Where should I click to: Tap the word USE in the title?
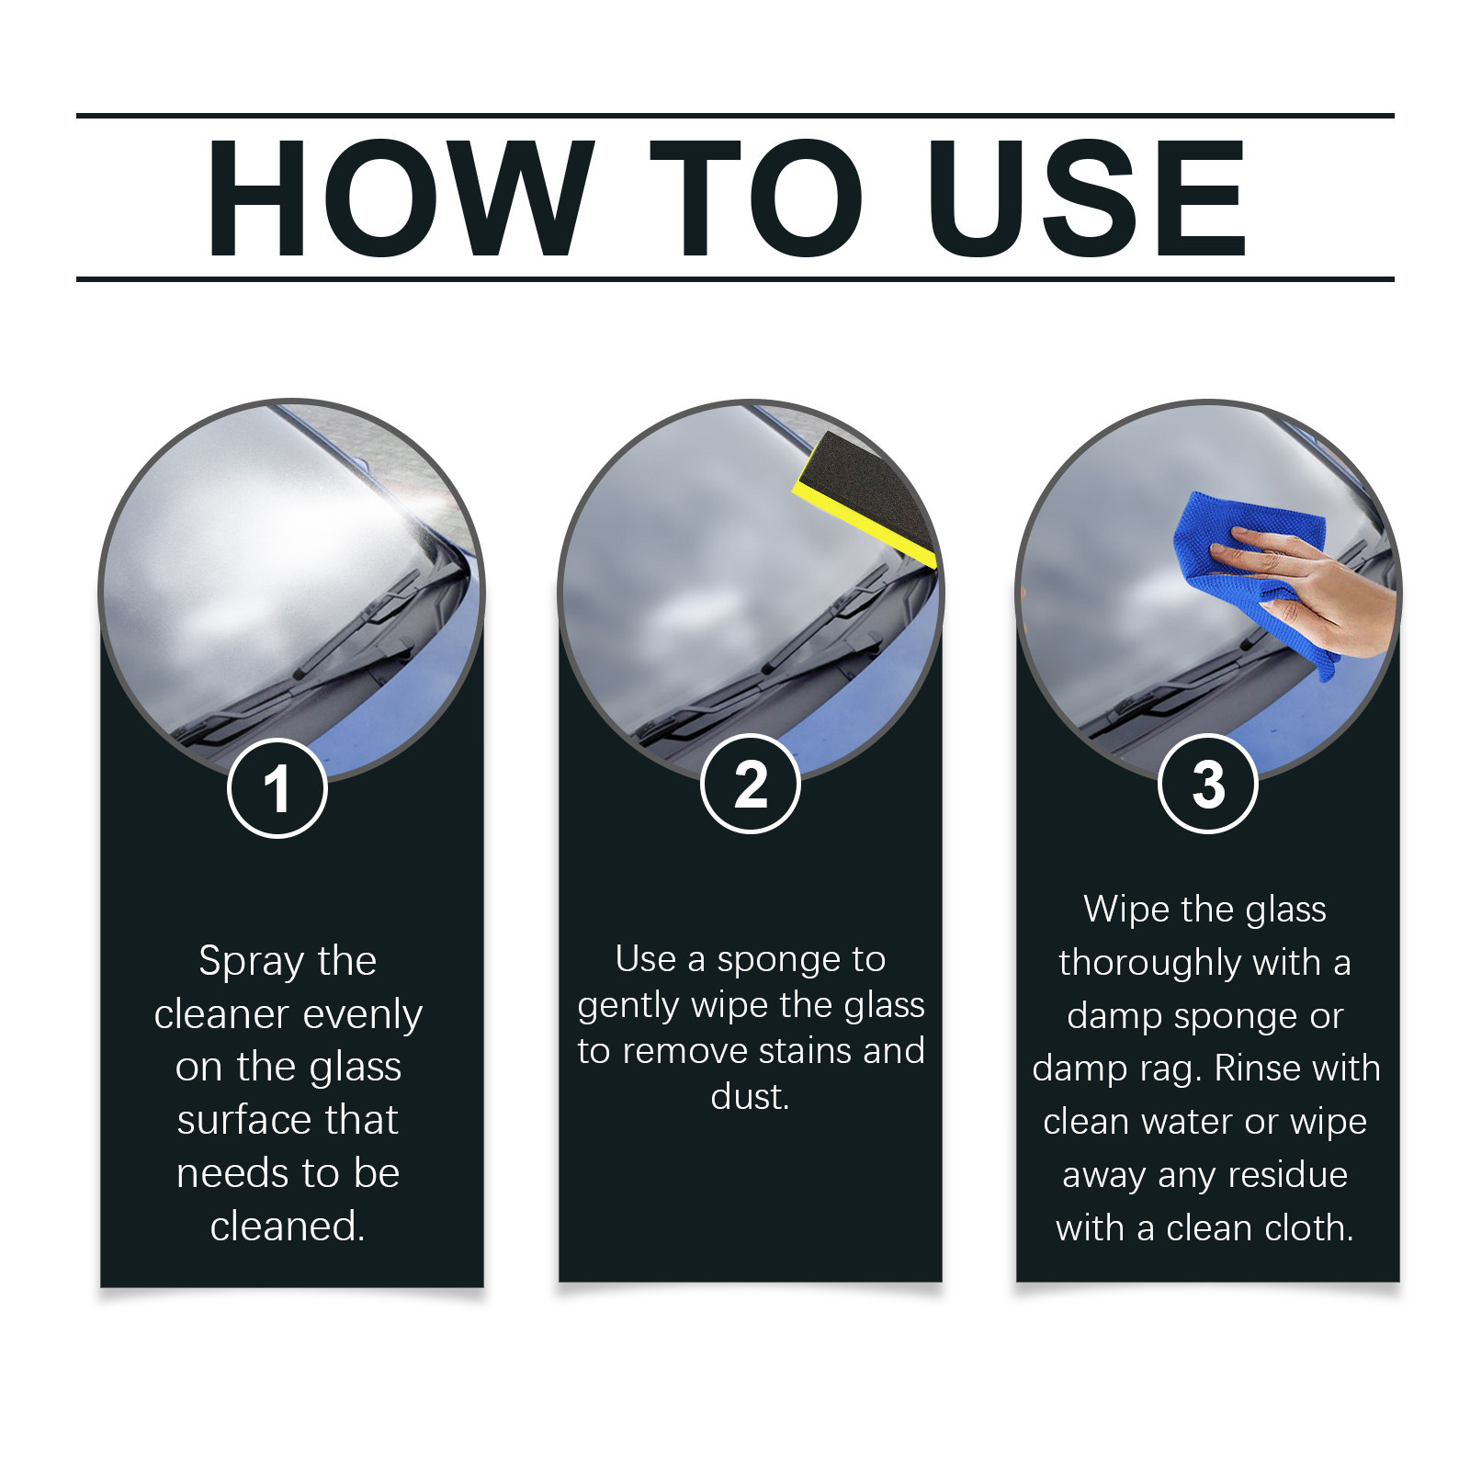click(1088, 198)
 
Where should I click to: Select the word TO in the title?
click(755, 198)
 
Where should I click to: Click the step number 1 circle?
click(277, 788)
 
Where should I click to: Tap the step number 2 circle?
click(751, 785)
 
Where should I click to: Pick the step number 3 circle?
click(1208, 785)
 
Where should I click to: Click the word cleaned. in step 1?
click(288, 1226)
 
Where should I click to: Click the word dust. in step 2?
click(750, 1096)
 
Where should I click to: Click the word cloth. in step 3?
click(1306, 1228)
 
